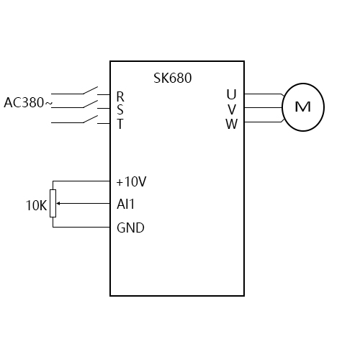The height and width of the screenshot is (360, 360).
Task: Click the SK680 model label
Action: coord(173,78)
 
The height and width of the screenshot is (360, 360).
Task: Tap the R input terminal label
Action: coord(120,96)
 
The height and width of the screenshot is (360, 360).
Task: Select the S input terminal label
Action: coord(120,109)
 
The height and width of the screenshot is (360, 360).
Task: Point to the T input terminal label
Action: coord(120,123)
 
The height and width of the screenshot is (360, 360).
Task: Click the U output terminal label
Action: coord(231,94)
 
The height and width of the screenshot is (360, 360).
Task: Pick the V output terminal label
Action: coord(231,109)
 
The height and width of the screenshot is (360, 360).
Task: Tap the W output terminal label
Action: coord(231,123)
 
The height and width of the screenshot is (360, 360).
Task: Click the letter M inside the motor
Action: coord(303,107)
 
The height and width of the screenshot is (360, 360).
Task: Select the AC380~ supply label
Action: coord(28,103)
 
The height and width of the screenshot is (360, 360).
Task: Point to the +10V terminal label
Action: coord(132,181)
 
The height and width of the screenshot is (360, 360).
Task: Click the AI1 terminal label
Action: coord(126,204)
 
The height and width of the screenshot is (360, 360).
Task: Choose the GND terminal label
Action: coord(130,228)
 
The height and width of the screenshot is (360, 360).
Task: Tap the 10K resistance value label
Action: coord(36,206)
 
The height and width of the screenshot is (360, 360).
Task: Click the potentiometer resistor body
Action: coord(53,204)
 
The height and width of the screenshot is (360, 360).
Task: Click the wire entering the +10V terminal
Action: coord(83,181)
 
